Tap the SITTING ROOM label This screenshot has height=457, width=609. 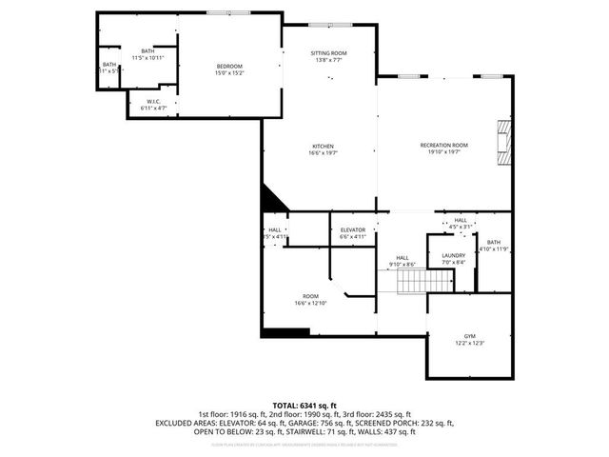point(328,52)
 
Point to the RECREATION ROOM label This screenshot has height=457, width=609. point(444,145)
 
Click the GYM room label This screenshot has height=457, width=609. point(469,335)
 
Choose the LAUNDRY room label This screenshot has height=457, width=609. point(453,255)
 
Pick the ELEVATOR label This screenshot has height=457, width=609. point(353,229)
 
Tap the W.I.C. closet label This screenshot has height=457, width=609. point(153,101)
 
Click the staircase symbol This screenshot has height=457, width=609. point(423,282)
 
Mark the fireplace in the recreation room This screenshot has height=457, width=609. point(502,138)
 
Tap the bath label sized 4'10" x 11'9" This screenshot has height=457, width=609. point(493,243)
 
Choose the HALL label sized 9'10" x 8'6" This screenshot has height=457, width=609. point(403,257)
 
